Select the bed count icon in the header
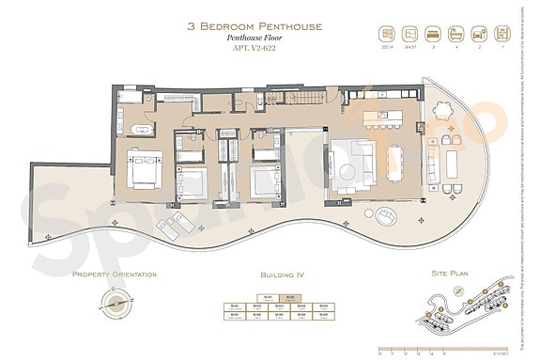pos(433,32)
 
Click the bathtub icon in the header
pos(456,32)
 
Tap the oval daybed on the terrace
pos(385,216)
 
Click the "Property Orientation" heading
pos(114,274)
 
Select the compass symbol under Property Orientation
pos(114,305)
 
